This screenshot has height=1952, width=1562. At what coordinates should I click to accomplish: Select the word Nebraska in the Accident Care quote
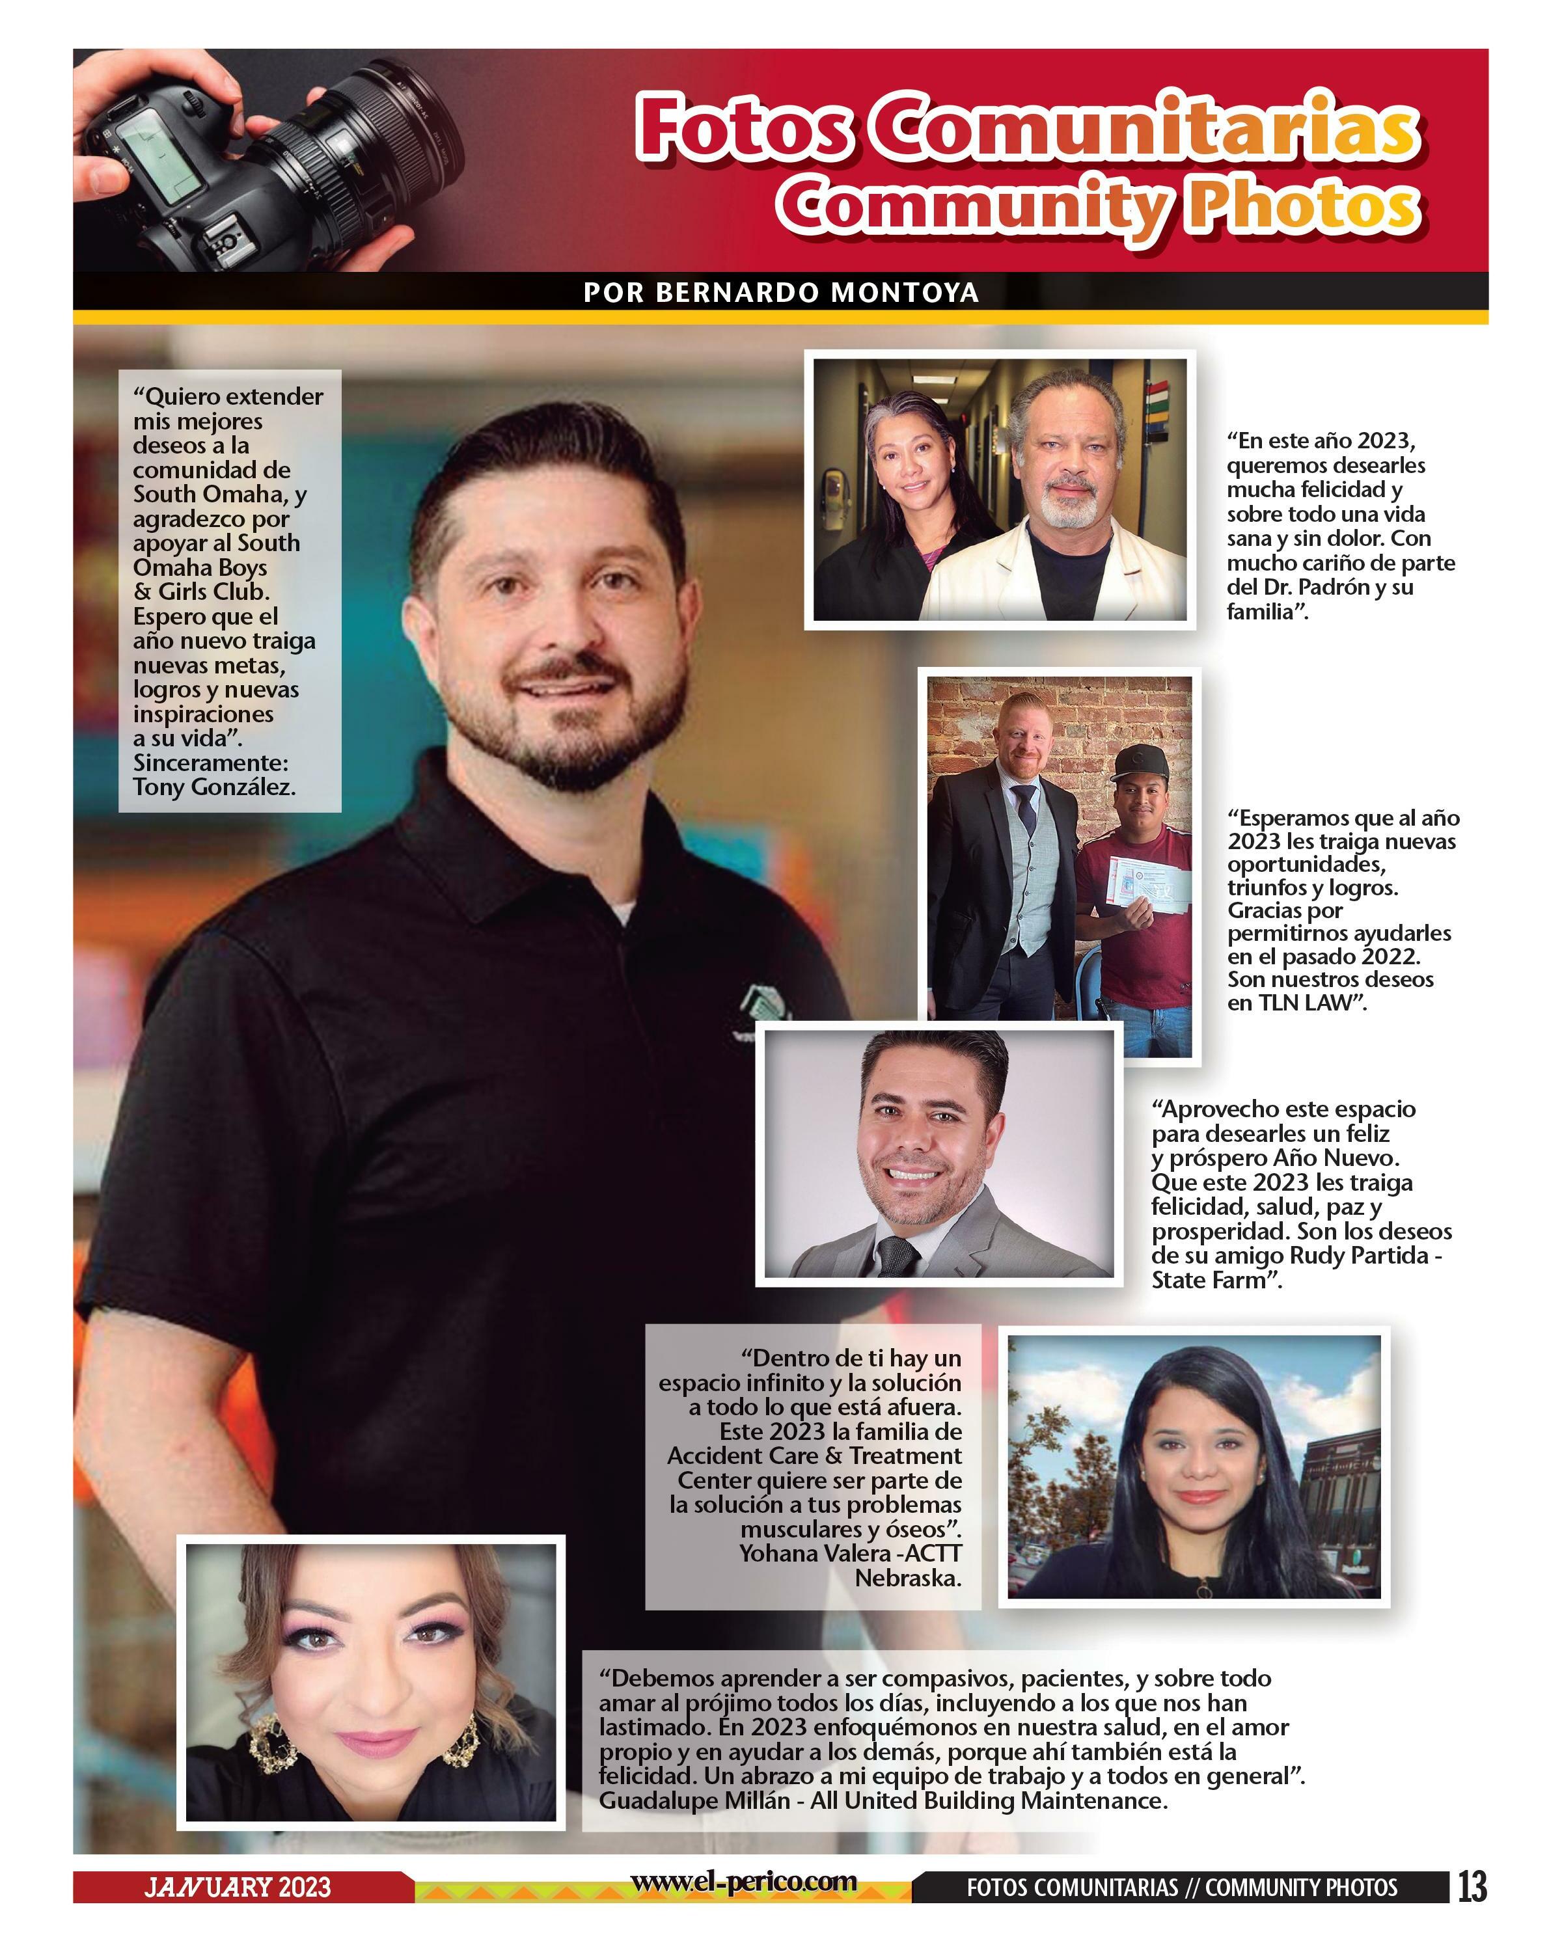pos(907,1577)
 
